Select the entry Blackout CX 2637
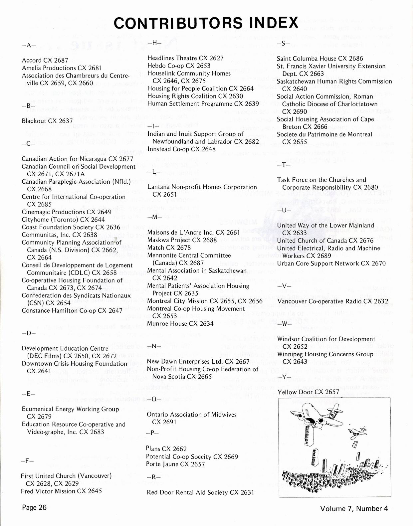coord(47,121)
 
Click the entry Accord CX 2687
coord(45,60)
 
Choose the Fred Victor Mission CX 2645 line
coord(61,491)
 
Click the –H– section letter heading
coord(154,42)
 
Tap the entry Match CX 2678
coord(169,248)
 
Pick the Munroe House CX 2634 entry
coord(180,323)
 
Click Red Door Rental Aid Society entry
coord(200,492)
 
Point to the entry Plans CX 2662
coord(166,449)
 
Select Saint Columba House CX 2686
coord(320,58)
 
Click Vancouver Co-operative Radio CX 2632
coord(332,301)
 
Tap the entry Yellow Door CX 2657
coord(308,392)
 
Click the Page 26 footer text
coord(34,507)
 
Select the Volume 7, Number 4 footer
coord(354,508)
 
